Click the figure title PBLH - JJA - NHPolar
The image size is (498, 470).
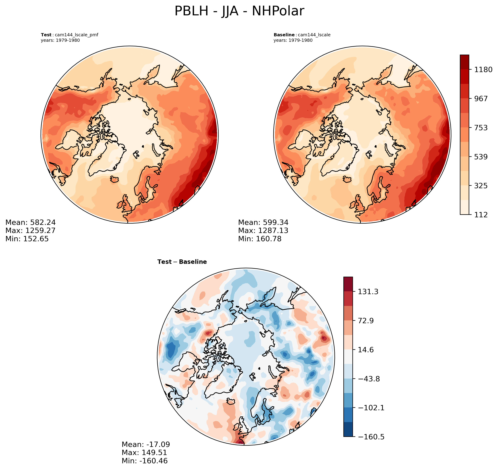(x=239, y=11)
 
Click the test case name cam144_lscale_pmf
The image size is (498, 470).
(x=77, y=35)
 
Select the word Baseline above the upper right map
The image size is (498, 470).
(x=284, y=35)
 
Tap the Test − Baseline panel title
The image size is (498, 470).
(x=182, y=262)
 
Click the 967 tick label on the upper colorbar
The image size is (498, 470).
(x=480, y=99)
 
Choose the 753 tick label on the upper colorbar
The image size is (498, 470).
(x=480, y=128)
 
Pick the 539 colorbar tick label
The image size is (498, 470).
(x=480, y=157)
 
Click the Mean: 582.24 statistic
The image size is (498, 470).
(x=30, y=222)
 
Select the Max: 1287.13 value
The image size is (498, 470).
(x=263, y=231)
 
